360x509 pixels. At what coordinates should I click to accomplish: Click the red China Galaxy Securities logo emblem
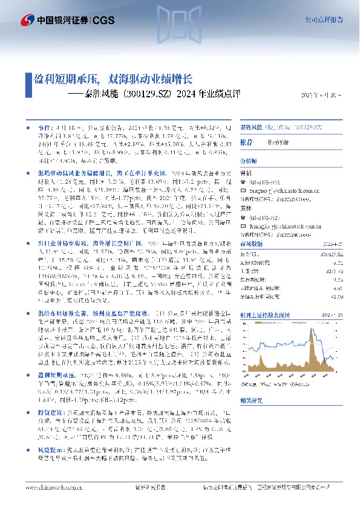click(28, 21)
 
